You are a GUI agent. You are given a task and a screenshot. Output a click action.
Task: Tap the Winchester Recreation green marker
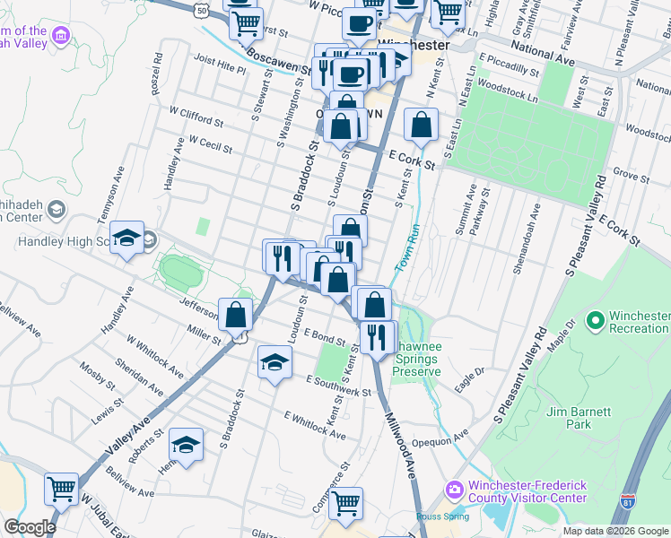(594, 320)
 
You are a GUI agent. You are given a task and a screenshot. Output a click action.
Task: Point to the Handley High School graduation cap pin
(127, 239)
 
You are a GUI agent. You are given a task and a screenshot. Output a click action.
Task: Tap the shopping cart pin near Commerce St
(345, 503)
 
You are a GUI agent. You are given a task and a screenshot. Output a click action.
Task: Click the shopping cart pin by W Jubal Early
(62, 489)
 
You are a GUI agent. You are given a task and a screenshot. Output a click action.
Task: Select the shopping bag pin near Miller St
(236, 315)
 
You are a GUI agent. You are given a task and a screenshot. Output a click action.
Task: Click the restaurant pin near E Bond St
(377, 336)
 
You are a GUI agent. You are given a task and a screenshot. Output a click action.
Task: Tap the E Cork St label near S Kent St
(413, 160)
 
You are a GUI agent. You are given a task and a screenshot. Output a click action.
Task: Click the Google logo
(30, 527)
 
